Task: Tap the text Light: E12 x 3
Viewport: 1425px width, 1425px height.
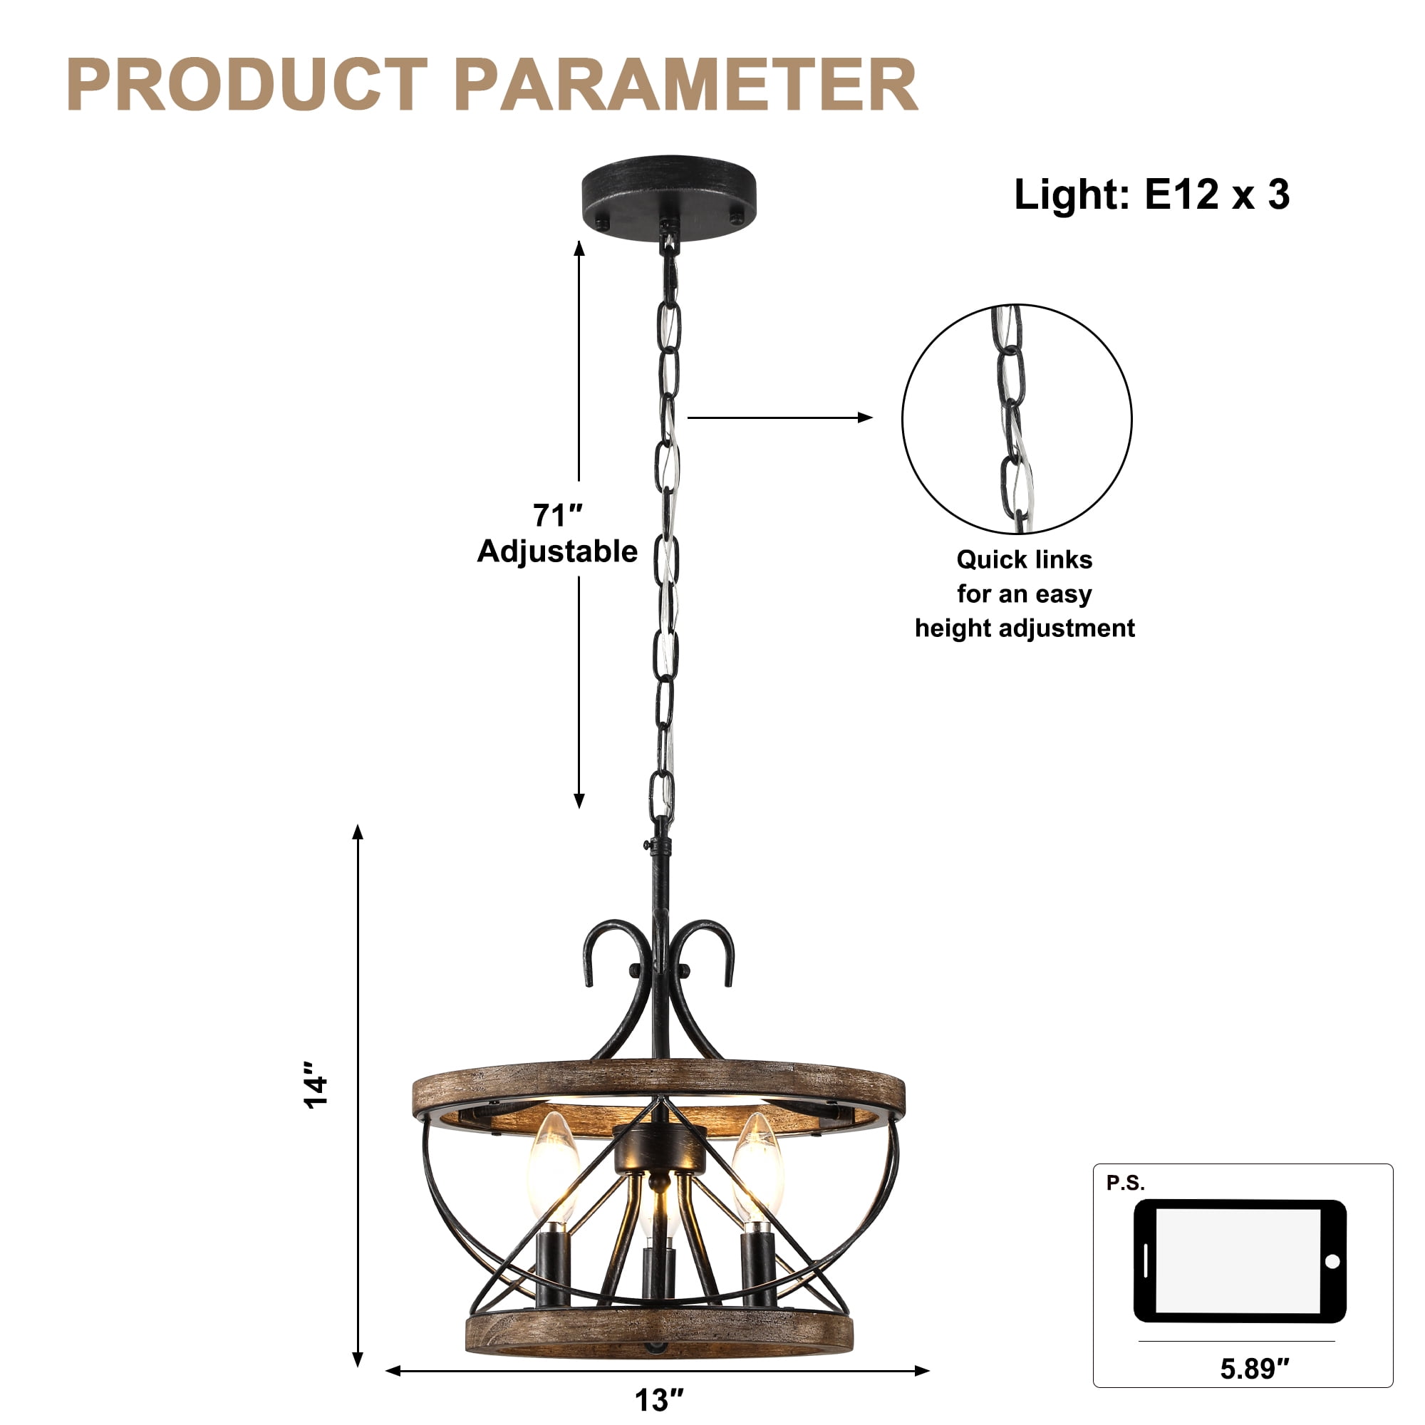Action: click(x=1151, y=195)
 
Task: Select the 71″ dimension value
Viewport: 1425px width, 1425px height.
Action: click(x=558, y=516)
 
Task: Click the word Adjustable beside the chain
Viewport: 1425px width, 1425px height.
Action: click(x=558, y=552)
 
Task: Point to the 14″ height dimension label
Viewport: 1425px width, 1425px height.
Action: click(x=317, y=1085)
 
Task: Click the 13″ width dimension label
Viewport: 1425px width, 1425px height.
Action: click(x=659, y=1400)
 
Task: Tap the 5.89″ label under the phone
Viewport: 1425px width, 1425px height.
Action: click(x=1255, y=1369)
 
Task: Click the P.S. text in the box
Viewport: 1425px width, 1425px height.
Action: click(x=1126, y=1183)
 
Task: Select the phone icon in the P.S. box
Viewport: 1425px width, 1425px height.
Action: click(x=1240, y=1261)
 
